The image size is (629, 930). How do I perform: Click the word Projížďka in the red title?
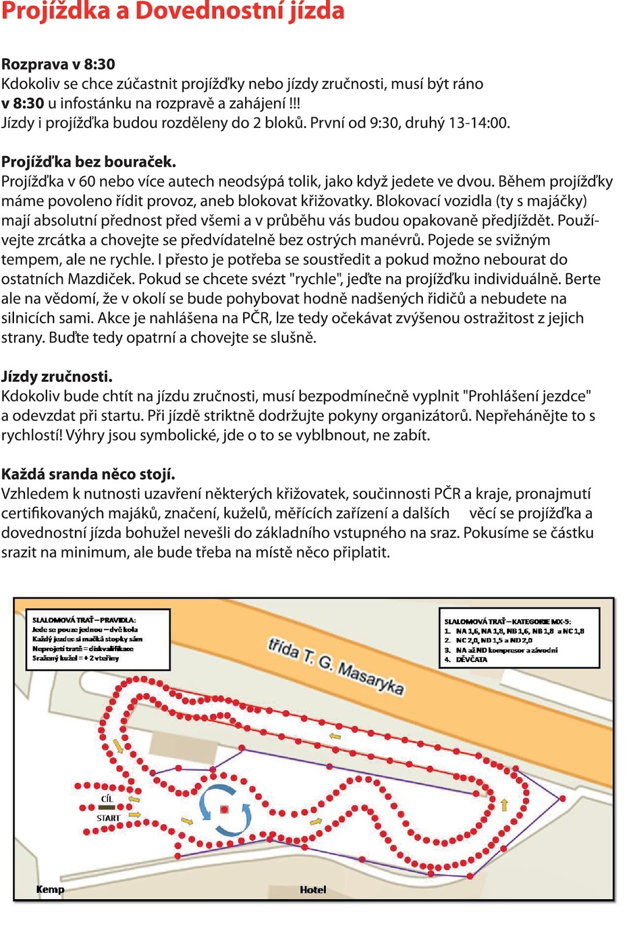pyautogui.click(x=55, y=12)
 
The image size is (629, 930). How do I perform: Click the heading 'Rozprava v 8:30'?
pyautogui.click(x=58, y=64)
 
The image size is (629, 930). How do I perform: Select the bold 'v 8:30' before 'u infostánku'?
pyautogui.click(x=23, y=103)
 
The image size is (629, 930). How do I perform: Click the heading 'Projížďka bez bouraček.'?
pyautogui.click(x=88, y=162)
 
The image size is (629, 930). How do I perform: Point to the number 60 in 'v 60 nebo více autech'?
pyautogui.click(x=87, y=182)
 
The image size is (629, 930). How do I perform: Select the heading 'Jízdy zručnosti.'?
pyautogui.click(x=57, y=377)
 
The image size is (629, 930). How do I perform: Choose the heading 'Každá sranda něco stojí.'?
pyautogui.click(x=88, y=474)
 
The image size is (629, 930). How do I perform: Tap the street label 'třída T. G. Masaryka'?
pyautogui.click(x=336, y=666)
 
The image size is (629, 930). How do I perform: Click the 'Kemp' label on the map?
pyautogui.click(x=50, y=889)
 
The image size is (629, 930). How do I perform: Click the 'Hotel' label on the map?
pyautogui.click(x=312, y=889)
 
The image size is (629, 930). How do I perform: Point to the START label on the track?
pyautogui.click(x=108, y=818)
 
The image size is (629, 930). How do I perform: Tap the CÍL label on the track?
pyautogui.click(x=107, y=799)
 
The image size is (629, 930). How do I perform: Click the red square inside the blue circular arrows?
pyautogui.click(x=225, y=809)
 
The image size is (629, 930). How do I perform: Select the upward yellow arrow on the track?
pyautogui.click(x=504, y=804)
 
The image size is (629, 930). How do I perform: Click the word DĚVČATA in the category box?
pyautogui.click(x=471, y=660)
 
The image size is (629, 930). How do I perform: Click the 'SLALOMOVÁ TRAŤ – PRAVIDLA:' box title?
pyautogui.click(x=84, y=620)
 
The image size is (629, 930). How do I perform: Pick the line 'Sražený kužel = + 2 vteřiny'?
pyautogui.click(x=76, y=658)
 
